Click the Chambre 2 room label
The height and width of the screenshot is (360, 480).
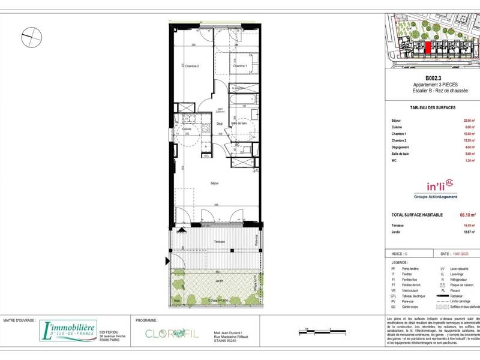coord(191,66)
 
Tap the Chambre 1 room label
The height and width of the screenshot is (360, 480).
coord(240,66)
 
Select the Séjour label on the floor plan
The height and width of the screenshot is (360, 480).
coord(214,182)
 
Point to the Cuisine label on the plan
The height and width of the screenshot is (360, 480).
coord(187,129)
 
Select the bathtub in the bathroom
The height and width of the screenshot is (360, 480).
coord(243,98)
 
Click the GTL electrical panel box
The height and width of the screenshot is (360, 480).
coord(206,155)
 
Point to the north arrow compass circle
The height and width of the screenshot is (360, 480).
coord(29,38)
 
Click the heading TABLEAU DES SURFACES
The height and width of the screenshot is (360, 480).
coord(432,107)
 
